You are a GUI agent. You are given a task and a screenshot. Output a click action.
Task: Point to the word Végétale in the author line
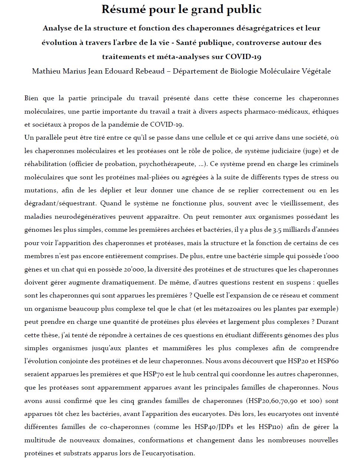coord(315,71)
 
